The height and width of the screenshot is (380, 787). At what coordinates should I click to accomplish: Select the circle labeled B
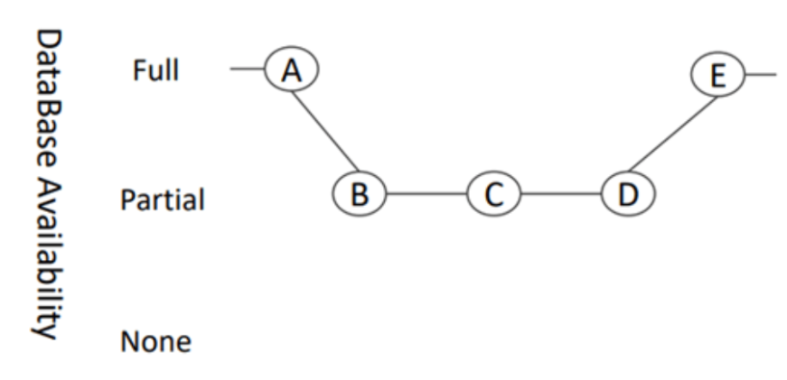pos(358,193)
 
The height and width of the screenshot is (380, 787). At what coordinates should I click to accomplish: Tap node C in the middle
pos(493,193)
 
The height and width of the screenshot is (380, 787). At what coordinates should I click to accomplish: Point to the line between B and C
pos(426,193)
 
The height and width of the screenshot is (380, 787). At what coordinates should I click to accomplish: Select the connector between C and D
pos(560,193)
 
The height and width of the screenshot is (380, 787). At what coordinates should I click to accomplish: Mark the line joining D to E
pos(673,134)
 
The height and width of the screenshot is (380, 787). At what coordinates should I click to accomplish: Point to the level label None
pos(155,343)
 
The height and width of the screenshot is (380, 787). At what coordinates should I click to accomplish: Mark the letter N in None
pos(129,343)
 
